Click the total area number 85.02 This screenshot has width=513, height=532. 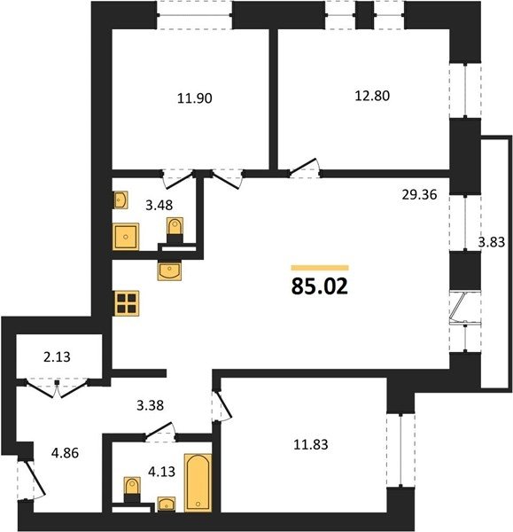(x=319, y=286)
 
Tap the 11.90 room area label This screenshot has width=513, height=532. (x=195, y=98)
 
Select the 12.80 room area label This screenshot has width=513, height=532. (x=372, y=96)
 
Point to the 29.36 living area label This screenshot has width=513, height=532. (x=419, y=195)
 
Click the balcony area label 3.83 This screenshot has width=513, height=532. (x=492, y=242)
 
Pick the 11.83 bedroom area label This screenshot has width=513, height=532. (x=311, y=444)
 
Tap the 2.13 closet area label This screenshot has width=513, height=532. (x=57, y=357)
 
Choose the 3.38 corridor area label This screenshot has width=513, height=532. (x=151, y=405)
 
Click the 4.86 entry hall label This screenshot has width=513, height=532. (x=65, y=453)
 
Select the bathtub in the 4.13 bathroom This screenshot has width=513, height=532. (x=198, y=482)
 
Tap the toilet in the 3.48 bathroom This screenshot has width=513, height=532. (x=175, y=230)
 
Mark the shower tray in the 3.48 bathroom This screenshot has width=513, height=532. (x=126, y=237)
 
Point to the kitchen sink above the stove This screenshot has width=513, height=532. (x=169, y=270)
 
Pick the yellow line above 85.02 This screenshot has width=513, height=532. (x=320, y=268)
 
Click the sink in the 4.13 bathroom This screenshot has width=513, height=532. (x=167, y=504)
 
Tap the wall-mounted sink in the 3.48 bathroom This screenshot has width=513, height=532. (x=120, y=200)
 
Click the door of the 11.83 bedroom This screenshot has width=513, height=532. (x=222, y=405)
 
